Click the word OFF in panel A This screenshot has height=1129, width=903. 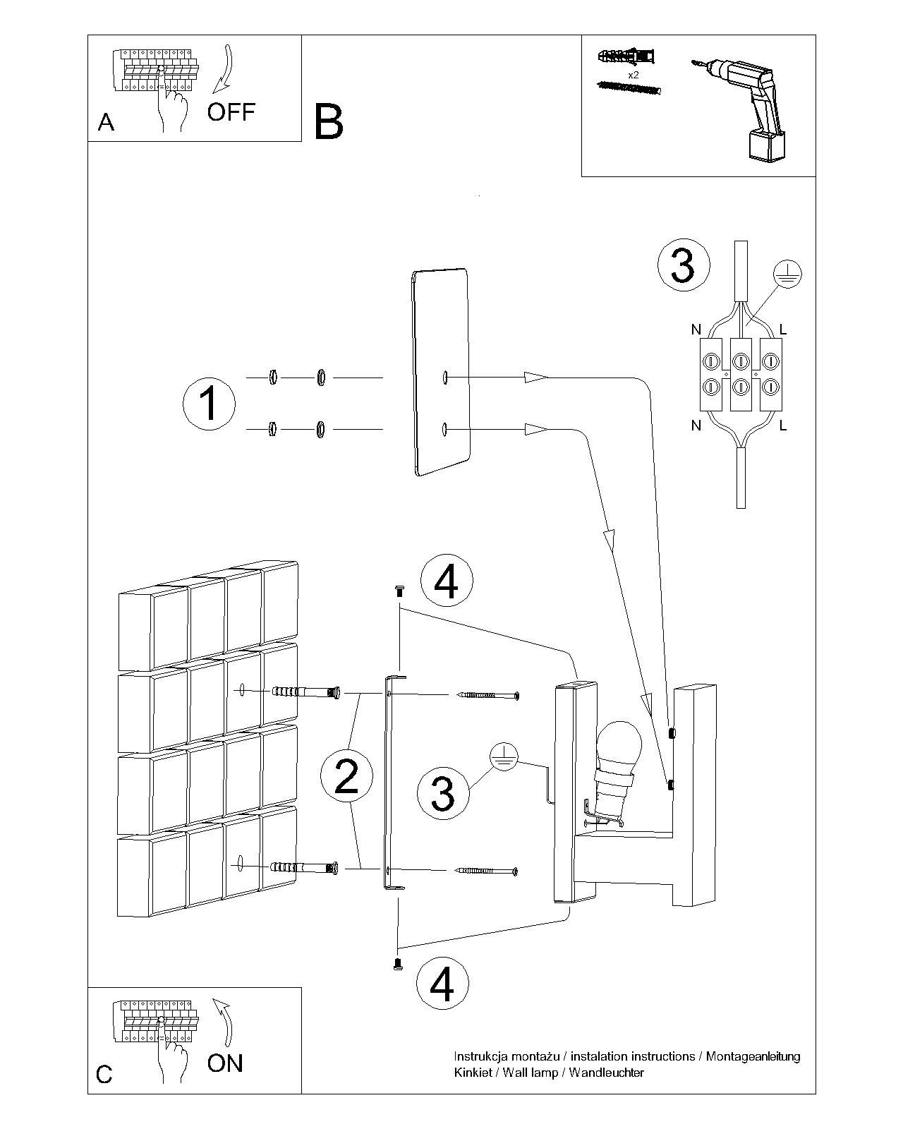(231, 111)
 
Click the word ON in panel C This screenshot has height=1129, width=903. (225, 1063)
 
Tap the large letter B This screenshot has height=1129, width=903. (328, 121)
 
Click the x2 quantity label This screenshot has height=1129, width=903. (634, 73)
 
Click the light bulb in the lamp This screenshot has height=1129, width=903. (619, 749)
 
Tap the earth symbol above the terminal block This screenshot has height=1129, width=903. (788, 273)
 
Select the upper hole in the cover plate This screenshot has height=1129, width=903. (445, 378)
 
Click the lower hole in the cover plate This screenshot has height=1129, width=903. (444, 429)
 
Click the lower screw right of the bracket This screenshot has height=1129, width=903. (487, 871)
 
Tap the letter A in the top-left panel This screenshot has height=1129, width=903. (106, 123)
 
